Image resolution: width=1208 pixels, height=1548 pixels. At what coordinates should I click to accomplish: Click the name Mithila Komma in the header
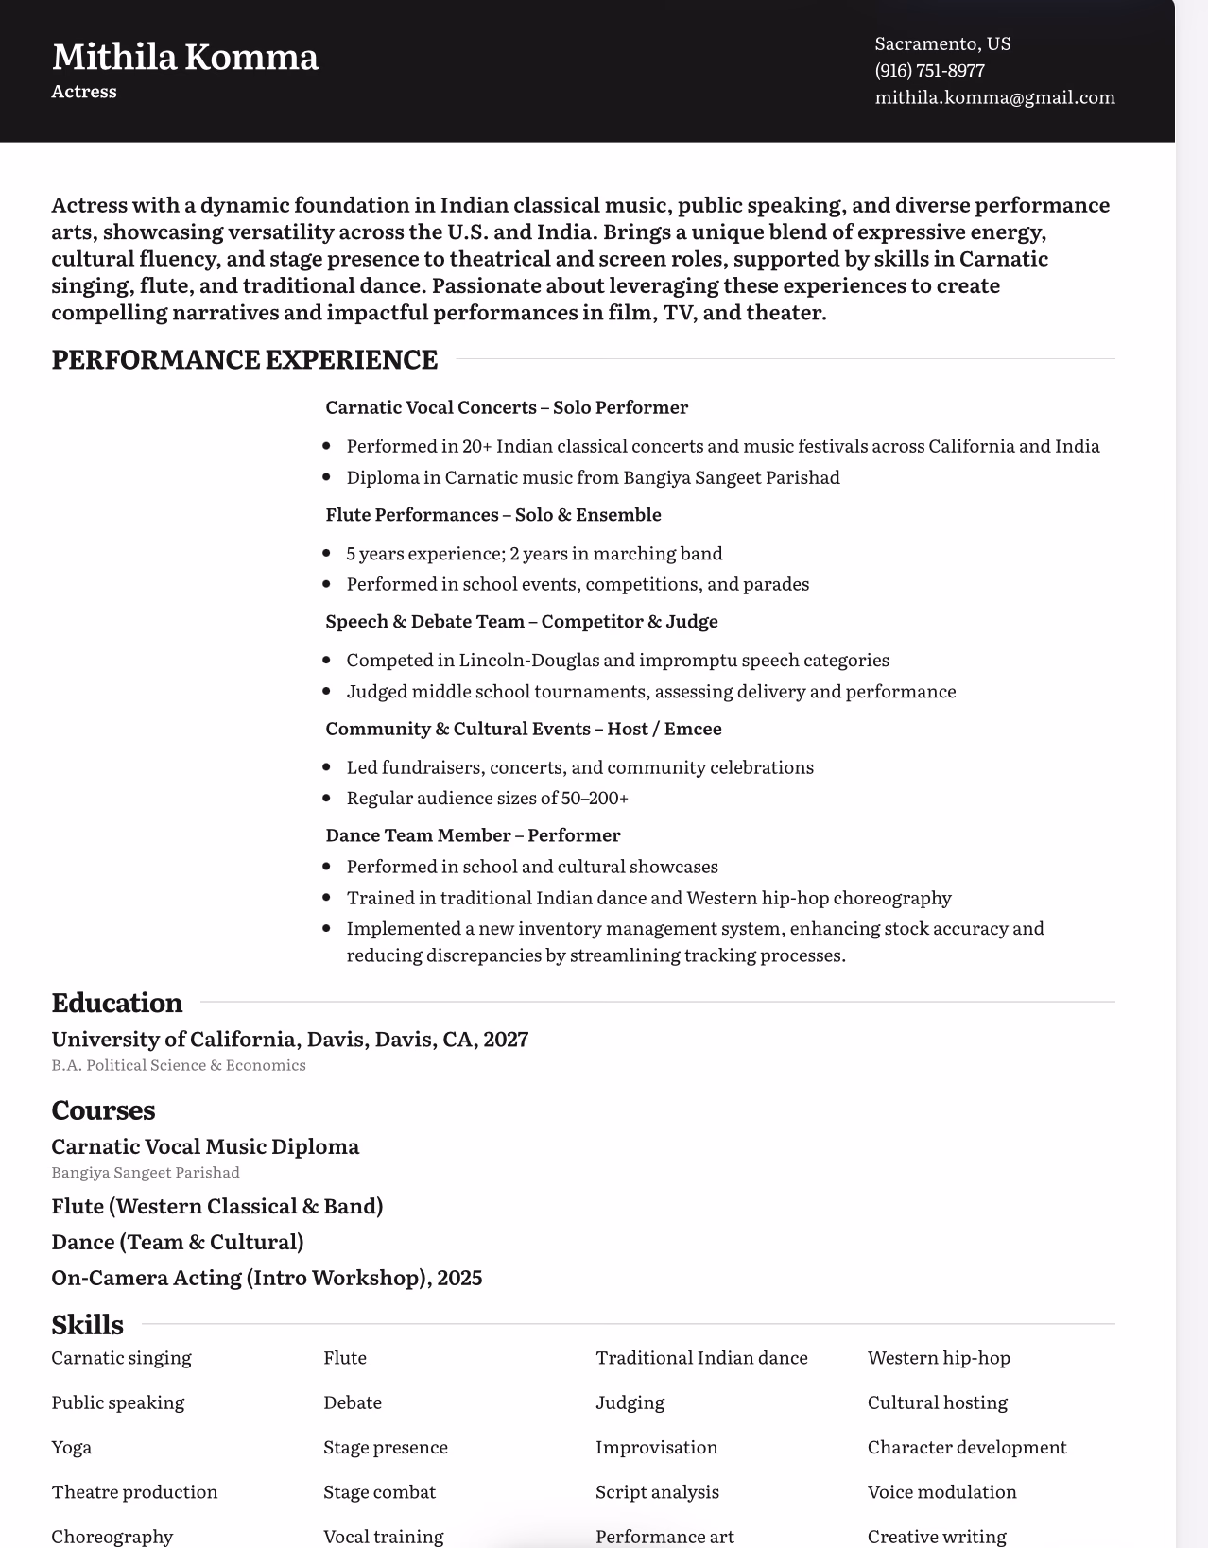(x=185, y=57)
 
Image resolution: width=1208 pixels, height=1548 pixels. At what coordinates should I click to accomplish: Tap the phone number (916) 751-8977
(x=929, y=71)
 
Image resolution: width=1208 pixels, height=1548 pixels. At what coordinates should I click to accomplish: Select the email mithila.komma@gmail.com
(x=994, y=97)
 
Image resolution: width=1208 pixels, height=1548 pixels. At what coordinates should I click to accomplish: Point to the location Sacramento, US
(x=942, y=43)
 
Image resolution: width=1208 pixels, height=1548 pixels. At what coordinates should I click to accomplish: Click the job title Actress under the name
(x=84, y=92)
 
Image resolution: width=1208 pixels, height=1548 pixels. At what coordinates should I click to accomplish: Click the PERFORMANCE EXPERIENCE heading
(x=244, y=360)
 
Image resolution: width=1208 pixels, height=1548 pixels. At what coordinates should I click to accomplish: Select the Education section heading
(x=116, y=1003)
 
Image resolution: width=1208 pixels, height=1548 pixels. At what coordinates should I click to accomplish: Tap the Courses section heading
(x=103, y=1110)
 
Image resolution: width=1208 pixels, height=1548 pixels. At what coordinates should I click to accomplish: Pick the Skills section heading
(x=87, y=1325)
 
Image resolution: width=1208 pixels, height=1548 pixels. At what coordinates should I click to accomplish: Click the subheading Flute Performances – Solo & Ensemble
(x=492, y=515)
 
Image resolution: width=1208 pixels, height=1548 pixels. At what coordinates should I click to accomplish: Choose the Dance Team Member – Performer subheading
(x=473, y=835)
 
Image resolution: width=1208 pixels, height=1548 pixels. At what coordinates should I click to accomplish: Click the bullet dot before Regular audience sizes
(x=327, y=799)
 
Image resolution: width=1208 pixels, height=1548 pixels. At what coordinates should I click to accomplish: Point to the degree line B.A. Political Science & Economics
(x=179, y=1065)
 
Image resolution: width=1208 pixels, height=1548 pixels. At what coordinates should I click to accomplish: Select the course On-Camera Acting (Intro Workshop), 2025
(x=267, y=1278)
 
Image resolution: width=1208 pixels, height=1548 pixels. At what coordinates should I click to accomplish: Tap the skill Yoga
(x=72, y=1447)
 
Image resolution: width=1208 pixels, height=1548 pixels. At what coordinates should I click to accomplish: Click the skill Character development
(x=966, y=1447)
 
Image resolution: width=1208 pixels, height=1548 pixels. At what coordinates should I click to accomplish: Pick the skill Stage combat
(x=379, y=1492)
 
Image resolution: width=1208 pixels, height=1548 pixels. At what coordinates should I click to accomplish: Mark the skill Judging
(x=630, y=1402)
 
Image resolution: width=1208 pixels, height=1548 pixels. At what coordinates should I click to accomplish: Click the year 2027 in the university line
(x=506, y=1040)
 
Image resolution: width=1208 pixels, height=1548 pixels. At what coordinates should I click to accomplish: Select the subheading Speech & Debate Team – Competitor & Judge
(x=521, y=622)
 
